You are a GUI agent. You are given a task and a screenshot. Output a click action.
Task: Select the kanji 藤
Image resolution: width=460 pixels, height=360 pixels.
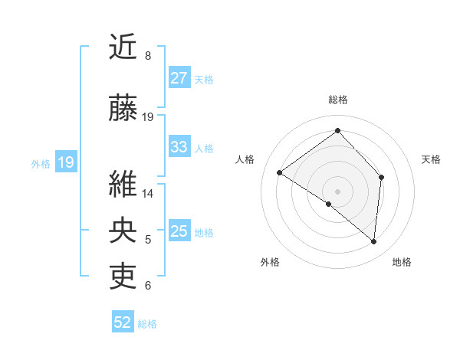(x=123, y=108)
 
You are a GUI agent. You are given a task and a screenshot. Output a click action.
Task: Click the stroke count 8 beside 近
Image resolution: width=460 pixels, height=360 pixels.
(x=147, y=56)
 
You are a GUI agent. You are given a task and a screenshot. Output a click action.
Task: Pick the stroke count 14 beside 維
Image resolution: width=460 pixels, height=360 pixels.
(x=148, y=193)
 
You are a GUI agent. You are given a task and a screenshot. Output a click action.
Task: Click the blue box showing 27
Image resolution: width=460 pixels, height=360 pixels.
(x=179, y=77)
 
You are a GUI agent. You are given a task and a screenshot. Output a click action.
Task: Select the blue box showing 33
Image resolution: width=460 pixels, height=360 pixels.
(x=179, y=147)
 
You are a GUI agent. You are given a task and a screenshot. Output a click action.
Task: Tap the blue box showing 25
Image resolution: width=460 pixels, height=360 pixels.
(x=179, y=231)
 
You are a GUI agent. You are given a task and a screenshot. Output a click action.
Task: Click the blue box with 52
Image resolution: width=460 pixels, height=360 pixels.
(x=123, y=322)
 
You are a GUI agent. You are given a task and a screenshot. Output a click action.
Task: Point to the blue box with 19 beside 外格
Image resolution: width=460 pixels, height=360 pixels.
(x=65, y=162)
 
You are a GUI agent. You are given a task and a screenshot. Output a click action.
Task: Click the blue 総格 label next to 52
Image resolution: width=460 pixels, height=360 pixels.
(x=148, y=324)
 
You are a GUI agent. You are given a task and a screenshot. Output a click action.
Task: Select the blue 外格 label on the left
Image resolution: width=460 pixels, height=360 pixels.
(x=41, y=163)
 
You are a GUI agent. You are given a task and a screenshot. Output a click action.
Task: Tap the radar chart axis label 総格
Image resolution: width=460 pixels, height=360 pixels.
(x=337, y=100)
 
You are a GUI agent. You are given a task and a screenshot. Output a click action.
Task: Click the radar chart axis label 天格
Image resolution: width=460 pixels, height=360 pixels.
(x=432, y=159)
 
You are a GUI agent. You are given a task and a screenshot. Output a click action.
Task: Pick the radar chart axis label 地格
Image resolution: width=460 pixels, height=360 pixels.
(x=402, y=262)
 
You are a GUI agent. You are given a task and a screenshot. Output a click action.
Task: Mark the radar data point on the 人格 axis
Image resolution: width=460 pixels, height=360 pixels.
(x=280, y=172)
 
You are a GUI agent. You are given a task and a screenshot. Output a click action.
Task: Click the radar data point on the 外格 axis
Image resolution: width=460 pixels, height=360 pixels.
(x=329, y=204)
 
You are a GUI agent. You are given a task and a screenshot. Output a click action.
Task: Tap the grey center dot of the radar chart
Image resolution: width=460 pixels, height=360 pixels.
(x=337, y=191)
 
